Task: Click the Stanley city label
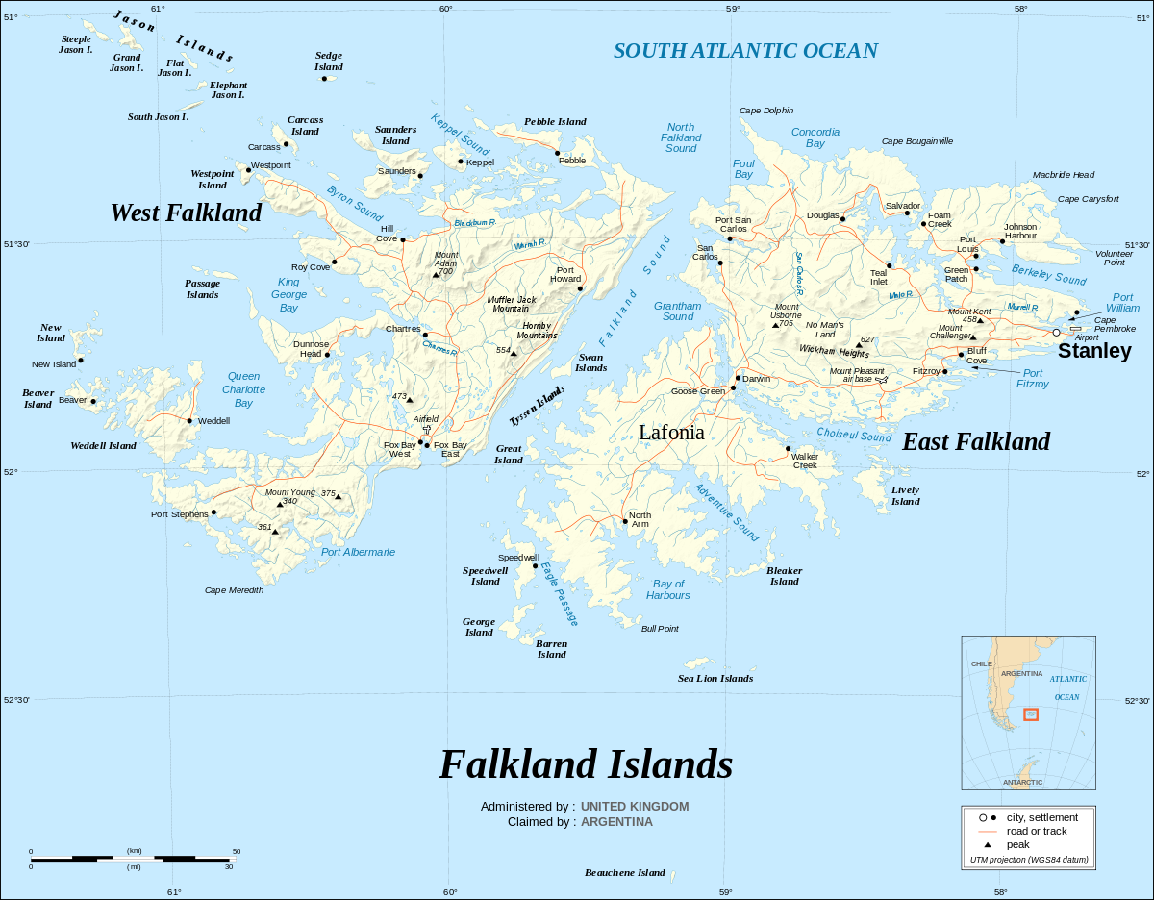1094,351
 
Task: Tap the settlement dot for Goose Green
733,388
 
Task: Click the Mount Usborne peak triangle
775,326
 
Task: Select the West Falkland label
186,212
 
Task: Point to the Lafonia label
671,433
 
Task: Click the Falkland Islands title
586,764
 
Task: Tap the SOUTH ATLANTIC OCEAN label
745,51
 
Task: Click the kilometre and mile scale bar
134,857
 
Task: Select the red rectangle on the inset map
1030,714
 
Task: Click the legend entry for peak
1017,844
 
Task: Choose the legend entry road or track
1036,831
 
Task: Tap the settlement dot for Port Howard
580,288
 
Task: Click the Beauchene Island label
625,873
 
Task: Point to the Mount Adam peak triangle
436,275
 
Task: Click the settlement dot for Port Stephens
213,512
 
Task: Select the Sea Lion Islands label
715,678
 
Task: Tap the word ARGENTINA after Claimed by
616,822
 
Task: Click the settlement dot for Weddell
189,420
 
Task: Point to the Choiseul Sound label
854,436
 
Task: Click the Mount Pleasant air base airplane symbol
882,380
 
